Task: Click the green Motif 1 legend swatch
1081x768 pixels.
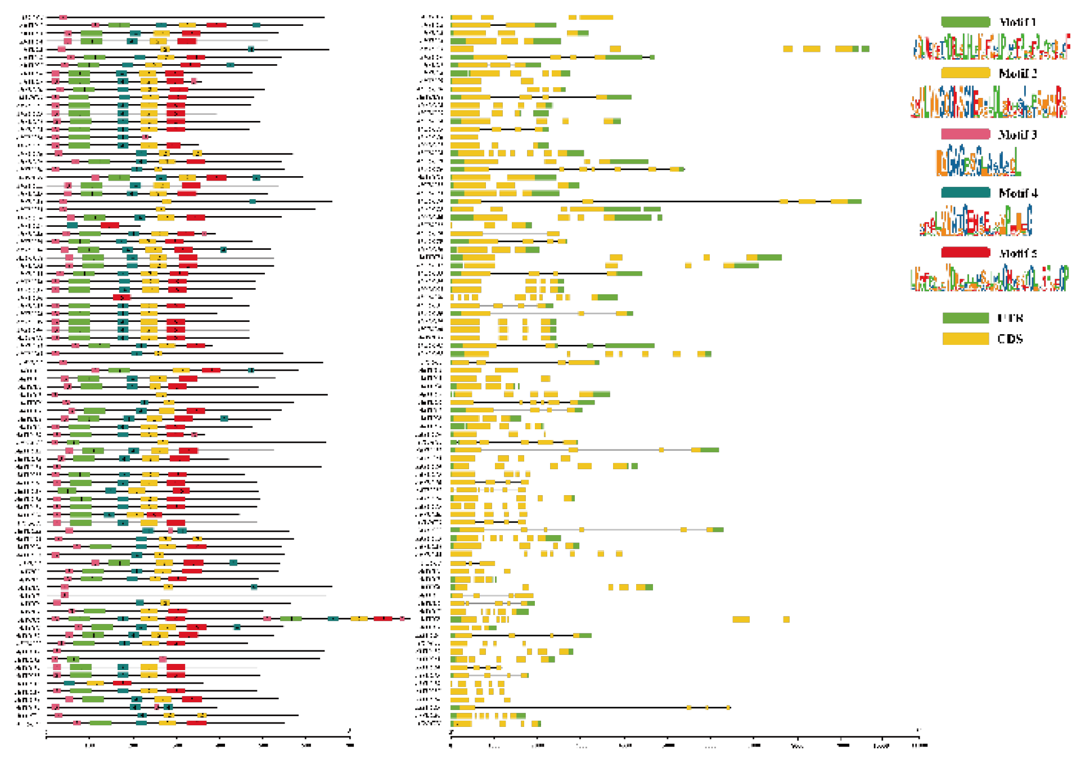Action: click(x=965, y=22)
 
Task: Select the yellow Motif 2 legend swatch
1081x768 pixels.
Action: click(x=965, y=73)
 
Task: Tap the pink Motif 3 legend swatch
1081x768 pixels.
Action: click(x=965, y=134)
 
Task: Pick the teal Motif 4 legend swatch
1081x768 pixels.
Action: click(x=965, y=193)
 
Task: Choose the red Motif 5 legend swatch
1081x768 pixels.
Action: click(x=965, y=253)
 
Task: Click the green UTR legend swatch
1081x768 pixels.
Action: click(x=965, y=318)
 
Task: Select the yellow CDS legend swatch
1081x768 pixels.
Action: click(x=965, y=339)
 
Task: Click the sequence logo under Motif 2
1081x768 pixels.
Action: click(x=989, y=102)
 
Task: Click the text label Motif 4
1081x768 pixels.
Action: click(x=1017, y=193)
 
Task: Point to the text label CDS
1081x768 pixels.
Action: click(x=1010, y=339)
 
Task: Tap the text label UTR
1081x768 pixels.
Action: click(x=1010, y=318)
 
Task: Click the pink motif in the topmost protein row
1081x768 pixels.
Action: click(x=63, y=17)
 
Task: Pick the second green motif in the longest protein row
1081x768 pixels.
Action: click(x=291, y=619)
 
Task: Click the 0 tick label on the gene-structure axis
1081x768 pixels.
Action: click(x=451, y=745)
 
